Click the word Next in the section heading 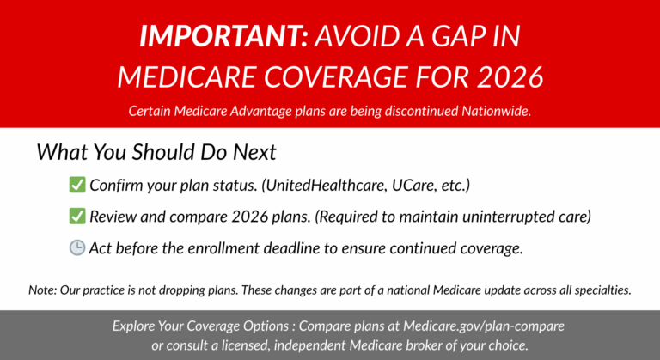coord(253,152)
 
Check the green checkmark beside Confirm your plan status coord(76,185)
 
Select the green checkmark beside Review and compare coord(76,217)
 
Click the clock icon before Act coord(76,248)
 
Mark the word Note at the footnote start coord(43,290)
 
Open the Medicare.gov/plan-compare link coord(485,326)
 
